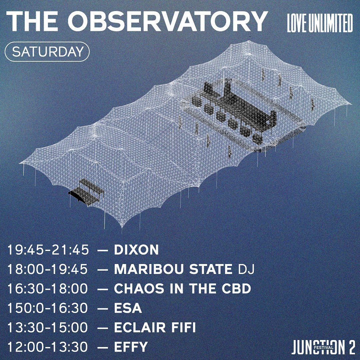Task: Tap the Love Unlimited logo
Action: tap(320, 23)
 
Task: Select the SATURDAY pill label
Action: tap(47, 52)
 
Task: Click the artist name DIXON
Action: tap(136, 250)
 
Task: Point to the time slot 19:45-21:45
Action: tap(48, 250)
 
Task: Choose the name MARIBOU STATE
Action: tap(173, 269)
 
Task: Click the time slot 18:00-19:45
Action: tap(48, 269)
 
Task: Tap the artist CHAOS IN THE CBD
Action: tap(182, 289)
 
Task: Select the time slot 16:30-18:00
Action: tap(48, 289)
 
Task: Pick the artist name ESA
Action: tap(128, 308)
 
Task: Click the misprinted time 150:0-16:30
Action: tap(48, 308)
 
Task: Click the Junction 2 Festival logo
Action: tap(323, 347)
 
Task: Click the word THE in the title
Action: tap(32, 22)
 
